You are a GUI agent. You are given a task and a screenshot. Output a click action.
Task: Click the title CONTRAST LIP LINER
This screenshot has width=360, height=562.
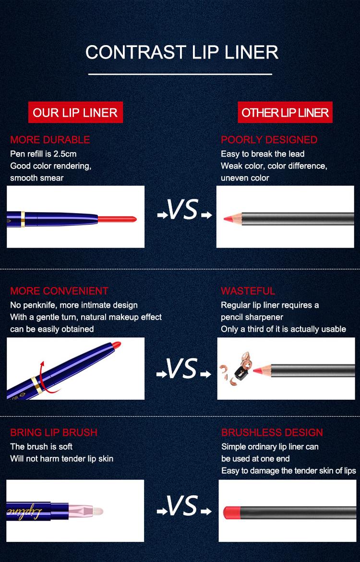(x=182, y=52)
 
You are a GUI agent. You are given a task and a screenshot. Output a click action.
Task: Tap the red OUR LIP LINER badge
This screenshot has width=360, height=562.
(x=76, y=112)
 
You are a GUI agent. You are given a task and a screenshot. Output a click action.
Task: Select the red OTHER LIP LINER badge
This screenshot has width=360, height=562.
(x=285, y=112)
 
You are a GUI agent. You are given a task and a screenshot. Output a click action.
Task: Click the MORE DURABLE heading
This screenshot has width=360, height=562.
(x=50, y=140)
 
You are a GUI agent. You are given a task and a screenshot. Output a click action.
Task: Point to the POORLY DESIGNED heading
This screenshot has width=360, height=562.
(x=269, y=140)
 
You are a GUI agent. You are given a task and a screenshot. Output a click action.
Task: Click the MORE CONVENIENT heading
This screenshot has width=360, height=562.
(x=59, y=291)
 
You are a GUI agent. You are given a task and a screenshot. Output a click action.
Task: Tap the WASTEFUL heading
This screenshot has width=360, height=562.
(x=248, y=291)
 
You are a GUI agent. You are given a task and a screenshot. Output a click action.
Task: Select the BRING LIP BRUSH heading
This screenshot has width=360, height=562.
(x=54, y=432)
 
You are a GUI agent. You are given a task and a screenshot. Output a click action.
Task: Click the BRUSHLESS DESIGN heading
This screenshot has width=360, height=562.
(x=272, y=432)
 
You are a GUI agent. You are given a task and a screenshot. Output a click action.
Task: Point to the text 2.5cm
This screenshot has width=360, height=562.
(x=65, y=154)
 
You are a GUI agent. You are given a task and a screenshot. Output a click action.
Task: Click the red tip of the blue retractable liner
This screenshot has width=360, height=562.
(x=117, y=219)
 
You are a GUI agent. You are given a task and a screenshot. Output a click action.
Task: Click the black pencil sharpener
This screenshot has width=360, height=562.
(x=240, y=373)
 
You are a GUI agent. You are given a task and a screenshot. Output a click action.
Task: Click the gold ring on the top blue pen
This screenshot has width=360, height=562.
(x=23, y=219)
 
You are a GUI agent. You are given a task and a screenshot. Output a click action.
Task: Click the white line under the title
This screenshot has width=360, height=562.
(x=180, y=74)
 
